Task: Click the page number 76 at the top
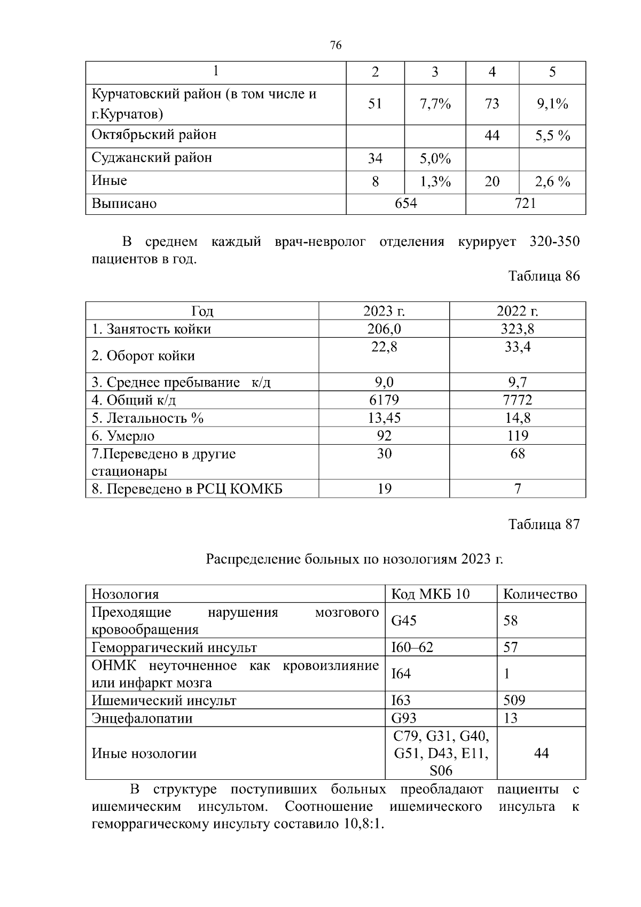(335, 45)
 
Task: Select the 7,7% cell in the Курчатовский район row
(435, 104)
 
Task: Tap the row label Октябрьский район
(154, 135)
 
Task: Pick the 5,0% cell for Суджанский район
(435, 159)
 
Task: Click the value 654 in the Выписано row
(405, 203)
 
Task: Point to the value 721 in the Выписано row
(525, 203)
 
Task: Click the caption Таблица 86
(543, 276)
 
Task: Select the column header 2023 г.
(384, 311)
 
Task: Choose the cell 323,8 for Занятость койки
(517, 329)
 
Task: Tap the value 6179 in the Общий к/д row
(384, 400)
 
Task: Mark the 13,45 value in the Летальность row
(384, 417)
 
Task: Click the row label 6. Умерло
(123, 436)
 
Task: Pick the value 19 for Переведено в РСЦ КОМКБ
(384, 489)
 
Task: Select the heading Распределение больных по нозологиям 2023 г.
(354, 559)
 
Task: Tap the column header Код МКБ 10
(431, 594)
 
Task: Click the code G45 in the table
(404, 621)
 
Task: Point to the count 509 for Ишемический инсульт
(514, 700)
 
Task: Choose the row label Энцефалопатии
(142, 718)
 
